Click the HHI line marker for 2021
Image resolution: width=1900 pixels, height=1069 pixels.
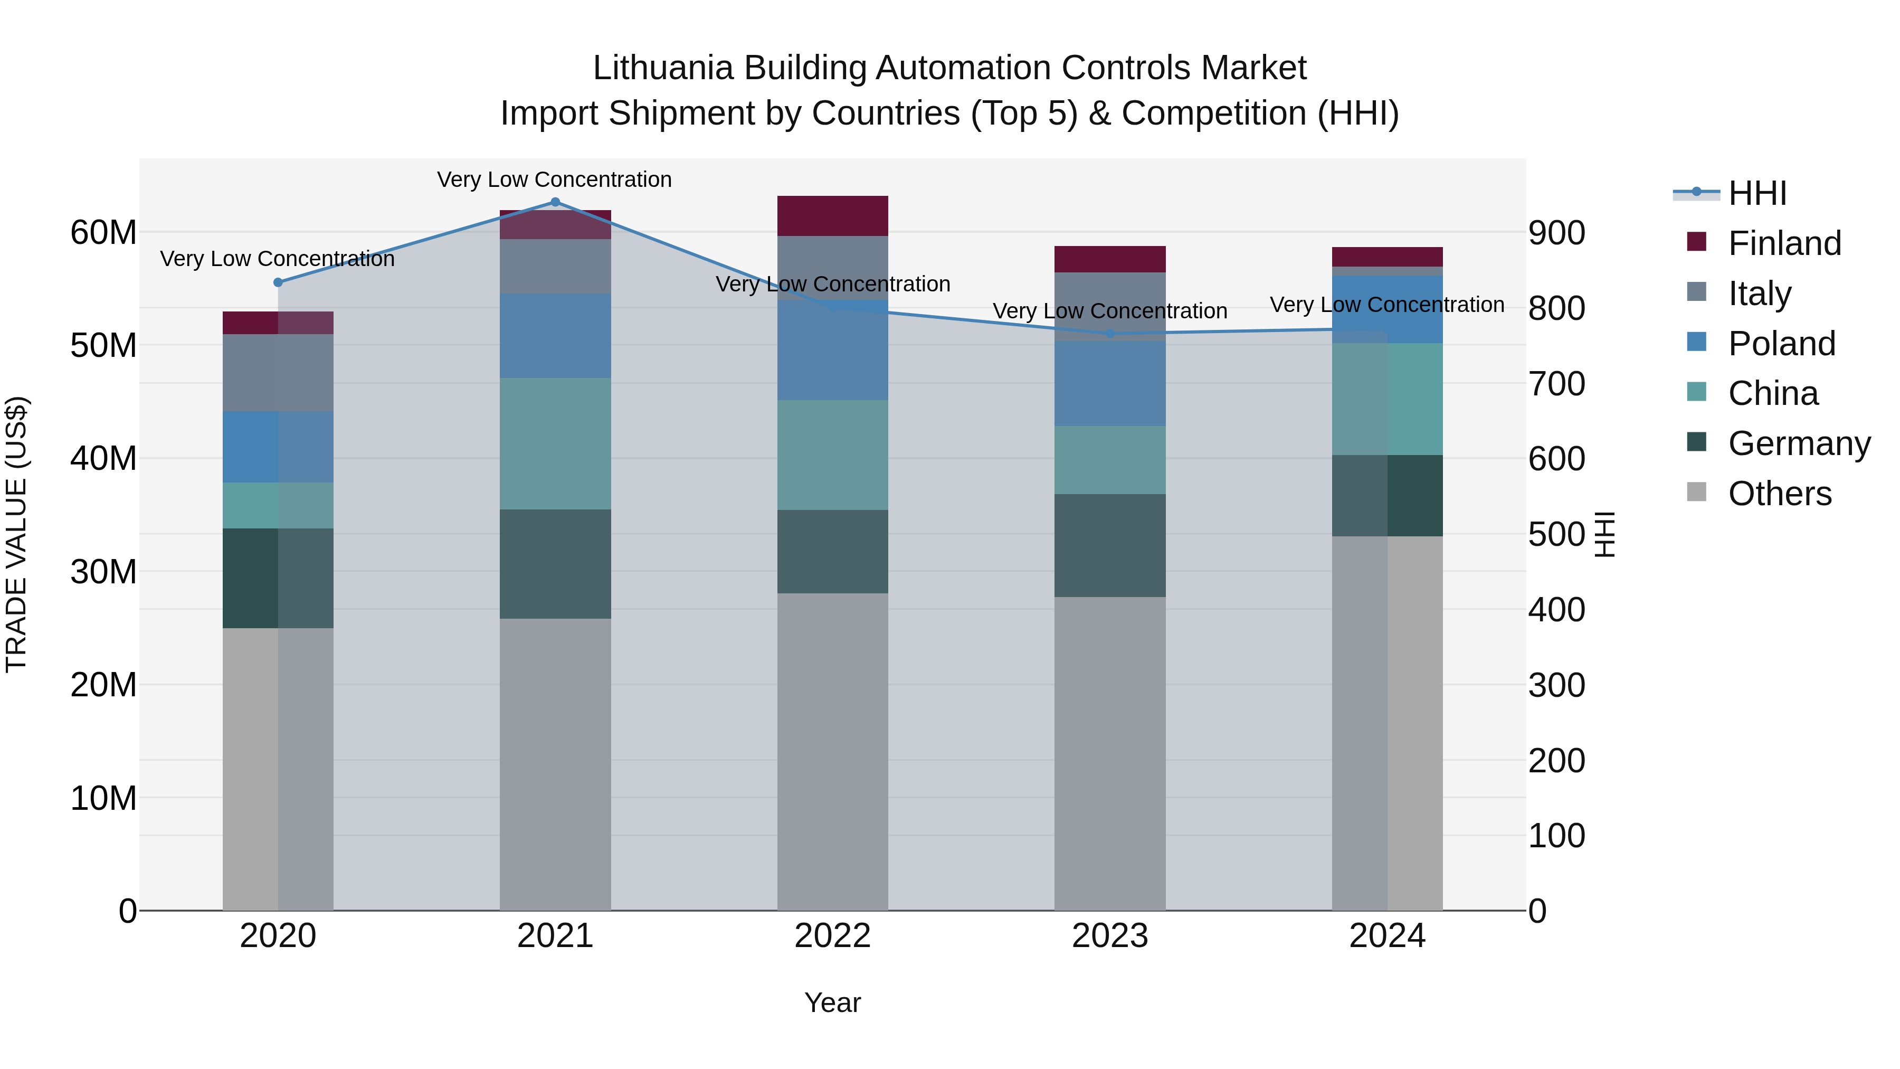(555, 202)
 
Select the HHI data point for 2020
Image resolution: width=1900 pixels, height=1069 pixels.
(278, 282)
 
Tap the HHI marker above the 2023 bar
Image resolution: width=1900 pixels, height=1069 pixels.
(1110, 334)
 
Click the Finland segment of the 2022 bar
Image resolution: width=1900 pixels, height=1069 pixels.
(833, 216)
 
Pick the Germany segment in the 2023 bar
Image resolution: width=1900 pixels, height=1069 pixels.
(1110, 546)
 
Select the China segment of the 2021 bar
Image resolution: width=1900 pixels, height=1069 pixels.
(555, 444)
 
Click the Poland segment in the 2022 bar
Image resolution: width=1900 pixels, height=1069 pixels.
(833, 351)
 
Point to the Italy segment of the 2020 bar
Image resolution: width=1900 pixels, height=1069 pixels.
(278, 373)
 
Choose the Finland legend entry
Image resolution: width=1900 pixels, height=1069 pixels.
(1784, 243)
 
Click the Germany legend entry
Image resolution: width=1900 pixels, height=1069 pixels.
(1799, 443)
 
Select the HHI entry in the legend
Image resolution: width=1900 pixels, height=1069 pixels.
(1757, 193)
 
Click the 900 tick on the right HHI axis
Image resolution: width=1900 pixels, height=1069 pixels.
(1556, 233)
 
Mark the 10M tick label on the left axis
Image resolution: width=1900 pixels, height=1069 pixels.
(103, 798)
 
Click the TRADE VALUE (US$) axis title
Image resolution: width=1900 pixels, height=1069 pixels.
(16, 534)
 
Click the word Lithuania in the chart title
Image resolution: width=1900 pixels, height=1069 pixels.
(662, 68)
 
